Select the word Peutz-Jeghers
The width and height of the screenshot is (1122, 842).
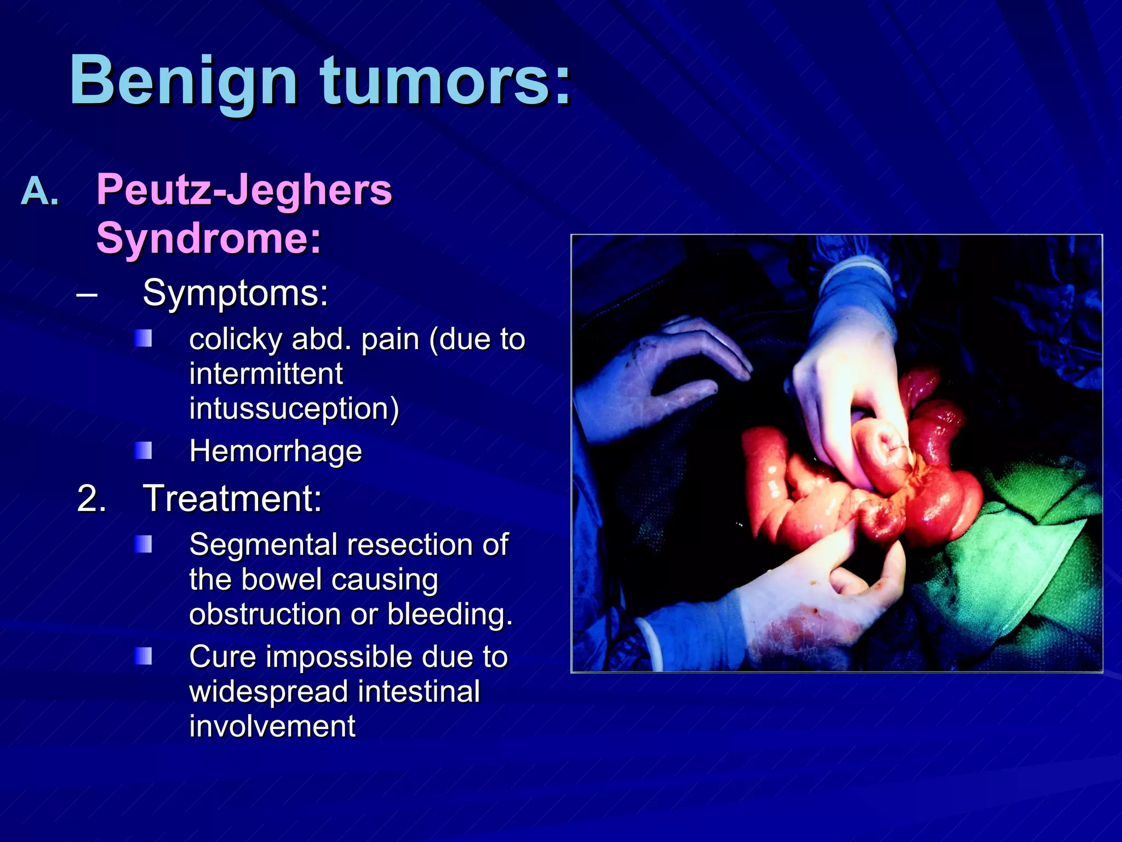point(244,190)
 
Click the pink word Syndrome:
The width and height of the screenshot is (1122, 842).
point(208,238)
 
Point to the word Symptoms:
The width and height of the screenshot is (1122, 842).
point(235,293)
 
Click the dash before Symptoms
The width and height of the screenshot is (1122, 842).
point(87,295)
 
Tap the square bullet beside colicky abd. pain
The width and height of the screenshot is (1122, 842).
point(143,339)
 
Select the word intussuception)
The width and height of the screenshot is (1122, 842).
point(294,408)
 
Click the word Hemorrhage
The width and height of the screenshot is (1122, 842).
point(275,451)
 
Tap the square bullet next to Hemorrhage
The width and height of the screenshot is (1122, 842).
point(143,451)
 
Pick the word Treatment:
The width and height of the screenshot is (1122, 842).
point(232,499)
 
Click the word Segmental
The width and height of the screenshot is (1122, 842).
point(263,545)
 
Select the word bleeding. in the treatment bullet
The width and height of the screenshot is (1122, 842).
point(450,614)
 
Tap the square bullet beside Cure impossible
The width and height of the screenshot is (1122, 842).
point(143,656)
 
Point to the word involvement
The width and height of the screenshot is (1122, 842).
point(272,726)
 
